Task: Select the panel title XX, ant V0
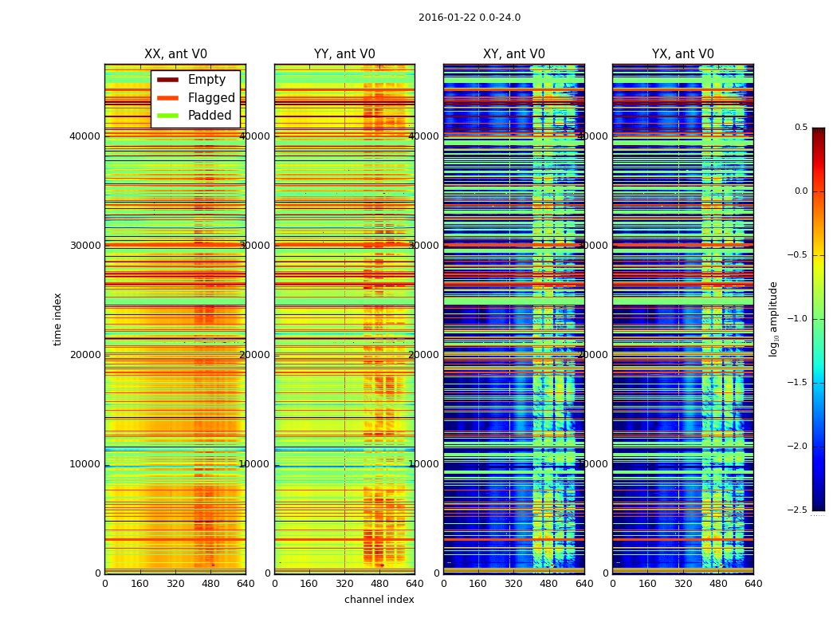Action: click(175, 54)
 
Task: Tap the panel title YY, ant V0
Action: click(344, 54)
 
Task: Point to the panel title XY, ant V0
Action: click(514, 54)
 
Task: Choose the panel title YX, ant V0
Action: click(683, 54)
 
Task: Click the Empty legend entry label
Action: click(206, 80)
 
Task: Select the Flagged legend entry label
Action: click(211, 98)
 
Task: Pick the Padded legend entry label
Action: click(210, 116)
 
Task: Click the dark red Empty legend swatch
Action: click(167, 80)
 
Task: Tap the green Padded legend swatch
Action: click(167, 116)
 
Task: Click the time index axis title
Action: click(57, 318)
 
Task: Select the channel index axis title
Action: click(379, 600)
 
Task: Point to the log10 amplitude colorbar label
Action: click(773, 318)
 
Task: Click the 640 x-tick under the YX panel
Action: click(753, 584)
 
